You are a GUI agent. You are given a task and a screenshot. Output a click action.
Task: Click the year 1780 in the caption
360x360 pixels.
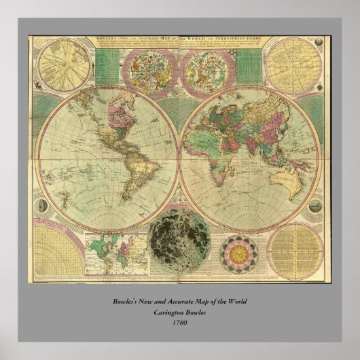(180, 322)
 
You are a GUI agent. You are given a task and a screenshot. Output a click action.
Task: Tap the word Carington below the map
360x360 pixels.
(165, 312)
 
